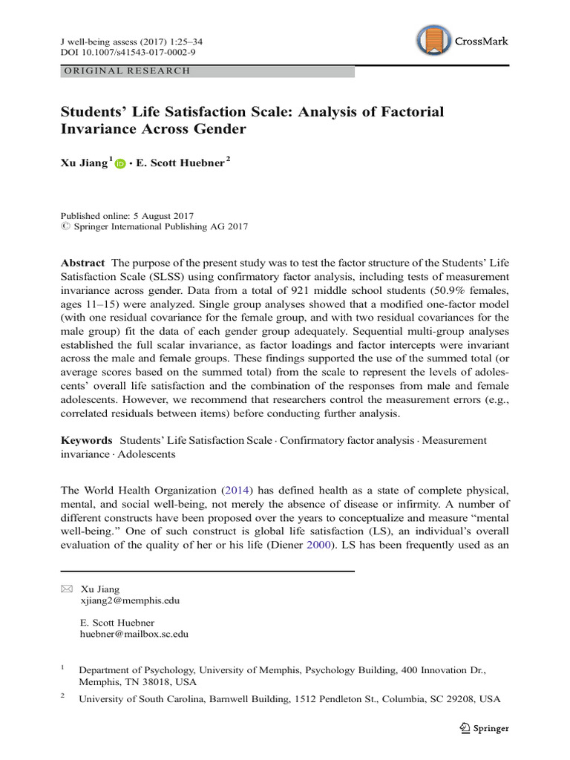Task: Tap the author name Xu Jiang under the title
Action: (x=82, y=163)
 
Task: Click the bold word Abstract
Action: (x=83, y=263)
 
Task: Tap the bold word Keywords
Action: (x=87, y=440)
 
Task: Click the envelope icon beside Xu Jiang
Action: (x=65, y=589)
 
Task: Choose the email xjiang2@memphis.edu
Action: (x=129, y=600)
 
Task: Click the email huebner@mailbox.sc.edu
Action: (x=134, y=635)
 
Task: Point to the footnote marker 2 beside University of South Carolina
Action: (x=63, y=696)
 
